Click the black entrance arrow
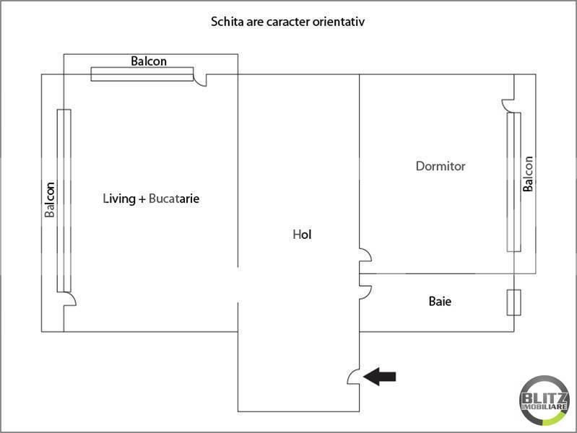(x=379, y=376)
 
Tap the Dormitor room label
(x=441, y=166)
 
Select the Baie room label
(x=440, y=302)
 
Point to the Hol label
(x=302, y=235)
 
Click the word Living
(x=119, y=198)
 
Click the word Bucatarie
(x=174, y=198)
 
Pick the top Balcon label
(x=149, y=61)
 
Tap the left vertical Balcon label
(x=50, y=199)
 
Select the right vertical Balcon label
(x=528, y=174)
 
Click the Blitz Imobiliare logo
(x=545, y=401)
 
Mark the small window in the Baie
(x=513, y=302)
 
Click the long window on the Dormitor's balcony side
(x=513, y=182)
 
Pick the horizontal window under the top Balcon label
(x=142, y=74)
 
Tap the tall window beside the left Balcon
(x=64, y=201)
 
